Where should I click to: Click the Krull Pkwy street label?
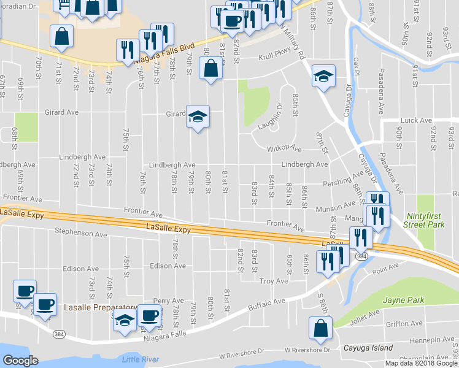[x=276, y=56]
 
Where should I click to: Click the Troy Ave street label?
[x=274, y=281]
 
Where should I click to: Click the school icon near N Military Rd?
[x=323, y=77]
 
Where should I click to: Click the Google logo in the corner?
[x=20, y=361]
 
